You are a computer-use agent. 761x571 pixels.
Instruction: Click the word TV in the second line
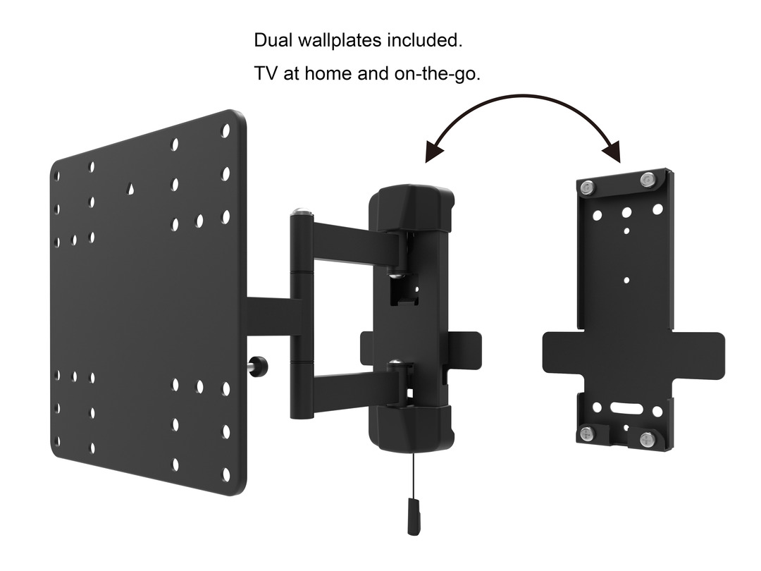tap(266, 73)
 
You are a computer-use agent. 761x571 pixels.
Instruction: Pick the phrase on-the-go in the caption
tap(437, 74)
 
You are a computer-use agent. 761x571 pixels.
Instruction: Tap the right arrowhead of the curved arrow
tap(612, 152)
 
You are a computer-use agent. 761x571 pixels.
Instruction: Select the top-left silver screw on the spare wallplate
tap(588, 187)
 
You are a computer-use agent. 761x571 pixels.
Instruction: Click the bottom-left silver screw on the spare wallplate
tap(586, 432)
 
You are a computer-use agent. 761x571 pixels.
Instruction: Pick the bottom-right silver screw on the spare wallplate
tap(646, 439)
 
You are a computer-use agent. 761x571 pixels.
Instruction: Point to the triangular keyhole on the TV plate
tap(130, 188)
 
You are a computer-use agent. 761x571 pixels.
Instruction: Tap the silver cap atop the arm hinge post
tap(302, 212)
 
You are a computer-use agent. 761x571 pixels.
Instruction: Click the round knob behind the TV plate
tap(259, 365)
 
